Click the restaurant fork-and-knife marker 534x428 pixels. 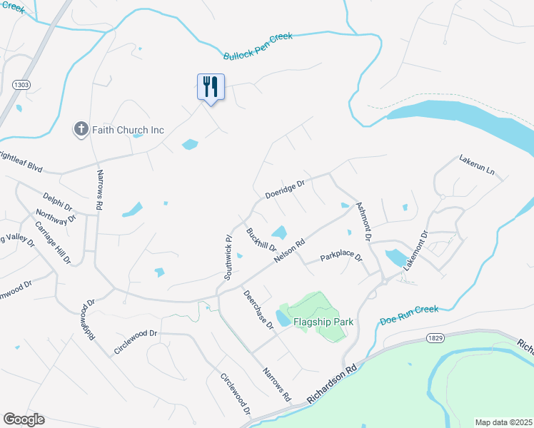[x=211, y=87]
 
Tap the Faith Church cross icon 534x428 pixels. [x=81, y=129]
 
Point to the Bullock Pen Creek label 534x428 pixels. [x=258, y=46]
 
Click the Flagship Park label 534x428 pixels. [x=323, y=322]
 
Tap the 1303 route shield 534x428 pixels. [x=21, y=85]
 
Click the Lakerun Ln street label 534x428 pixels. [x=477, y=164]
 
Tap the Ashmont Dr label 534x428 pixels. [x=363, y=219]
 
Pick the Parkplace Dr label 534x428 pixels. [x=341, y=256]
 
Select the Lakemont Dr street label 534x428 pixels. [x=415, y=250]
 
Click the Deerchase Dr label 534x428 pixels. [x=258, y=310]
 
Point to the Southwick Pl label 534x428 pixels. [x=228, y=256]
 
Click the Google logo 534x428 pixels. [x=23, y=419]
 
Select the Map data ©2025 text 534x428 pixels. [x=503, y=422]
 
